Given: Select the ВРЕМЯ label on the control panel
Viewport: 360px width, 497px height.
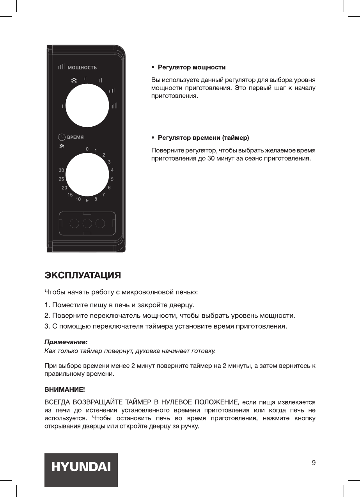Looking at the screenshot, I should pos(76,137).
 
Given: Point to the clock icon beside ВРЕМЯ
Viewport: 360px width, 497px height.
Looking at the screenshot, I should pos(62,137).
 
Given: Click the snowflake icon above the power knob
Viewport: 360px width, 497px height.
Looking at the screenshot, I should pos(73,81).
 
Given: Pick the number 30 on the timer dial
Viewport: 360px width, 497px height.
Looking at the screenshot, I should pos(61,171).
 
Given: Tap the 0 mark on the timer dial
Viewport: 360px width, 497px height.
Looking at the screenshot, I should pos(87,149).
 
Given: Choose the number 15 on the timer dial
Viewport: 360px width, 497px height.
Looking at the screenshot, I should pos(70,195).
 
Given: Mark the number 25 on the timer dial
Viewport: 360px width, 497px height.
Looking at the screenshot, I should pos(61,179).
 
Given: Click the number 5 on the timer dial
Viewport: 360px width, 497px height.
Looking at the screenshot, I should pos(112,179).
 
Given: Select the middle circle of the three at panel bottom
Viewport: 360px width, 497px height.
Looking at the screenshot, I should pos(87,223).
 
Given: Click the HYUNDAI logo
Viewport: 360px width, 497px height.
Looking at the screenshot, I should pos(81,467).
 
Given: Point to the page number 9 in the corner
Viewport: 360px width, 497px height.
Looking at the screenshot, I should pos(314,463).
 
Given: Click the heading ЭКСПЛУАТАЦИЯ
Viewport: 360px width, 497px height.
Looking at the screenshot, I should pos(82,275).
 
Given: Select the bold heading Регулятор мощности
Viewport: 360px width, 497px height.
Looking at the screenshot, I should pos(192,68).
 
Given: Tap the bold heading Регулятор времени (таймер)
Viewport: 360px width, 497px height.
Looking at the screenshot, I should pos(203,138).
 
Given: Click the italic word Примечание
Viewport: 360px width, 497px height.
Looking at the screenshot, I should pos(66,342).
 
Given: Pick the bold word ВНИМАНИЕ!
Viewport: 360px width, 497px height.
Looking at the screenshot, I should pos(64,389).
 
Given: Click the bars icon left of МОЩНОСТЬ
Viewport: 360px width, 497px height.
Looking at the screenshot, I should pos(62,67).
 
